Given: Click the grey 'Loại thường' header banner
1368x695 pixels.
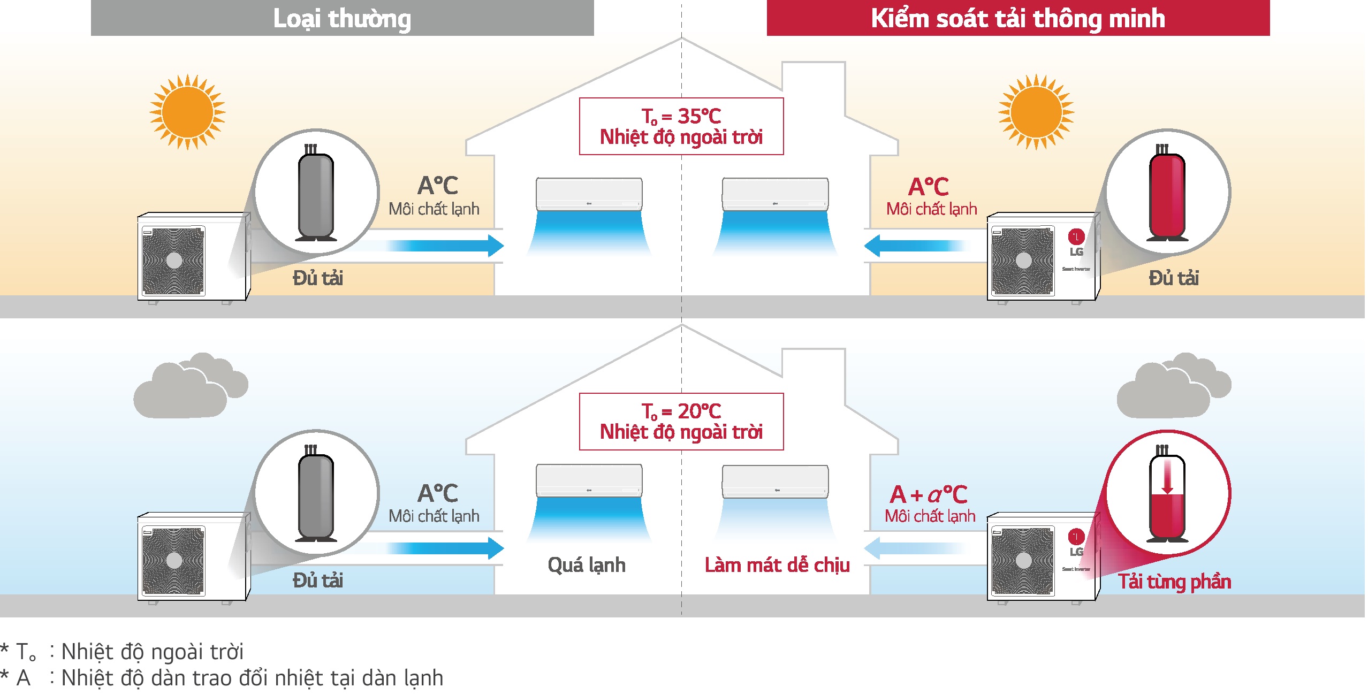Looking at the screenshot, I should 342,18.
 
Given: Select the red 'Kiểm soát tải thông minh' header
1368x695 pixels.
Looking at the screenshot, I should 1017,18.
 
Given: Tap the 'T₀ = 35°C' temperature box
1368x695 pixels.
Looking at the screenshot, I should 681,126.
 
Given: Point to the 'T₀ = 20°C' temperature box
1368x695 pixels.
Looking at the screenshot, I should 681,422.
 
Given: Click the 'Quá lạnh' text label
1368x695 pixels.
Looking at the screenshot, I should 587,565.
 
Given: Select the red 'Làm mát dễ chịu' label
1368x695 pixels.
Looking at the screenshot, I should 777,565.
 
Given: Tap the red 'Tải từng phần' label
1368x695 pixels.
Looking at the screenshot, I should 1174,582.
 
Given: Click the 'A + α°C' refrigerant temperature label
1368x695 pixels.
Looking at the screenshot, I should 929,494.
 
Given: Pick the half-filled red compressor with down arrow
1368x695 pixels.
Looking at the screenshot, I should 1167,495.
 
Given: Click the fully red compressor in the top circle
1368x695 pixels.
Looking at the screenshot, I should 1167,195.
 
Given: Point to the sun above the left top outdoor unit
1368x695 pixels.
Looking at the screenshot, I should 187,112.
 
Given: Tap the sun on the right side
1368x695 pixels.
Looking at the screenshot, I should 1036,112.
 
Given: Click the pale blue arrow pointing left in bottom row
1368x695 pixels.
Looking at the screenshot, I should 915,548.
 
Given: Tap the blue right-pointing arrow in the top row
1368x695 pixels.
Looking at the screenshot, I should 444,246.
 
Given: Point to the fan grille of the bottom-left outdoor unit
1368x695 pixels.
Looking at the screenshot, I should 173,561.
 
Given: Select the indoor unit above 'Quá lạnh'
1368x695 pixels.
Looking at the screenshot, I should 589,480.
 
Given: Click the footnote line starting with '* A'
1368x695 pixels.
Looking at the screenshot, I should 222,678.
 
